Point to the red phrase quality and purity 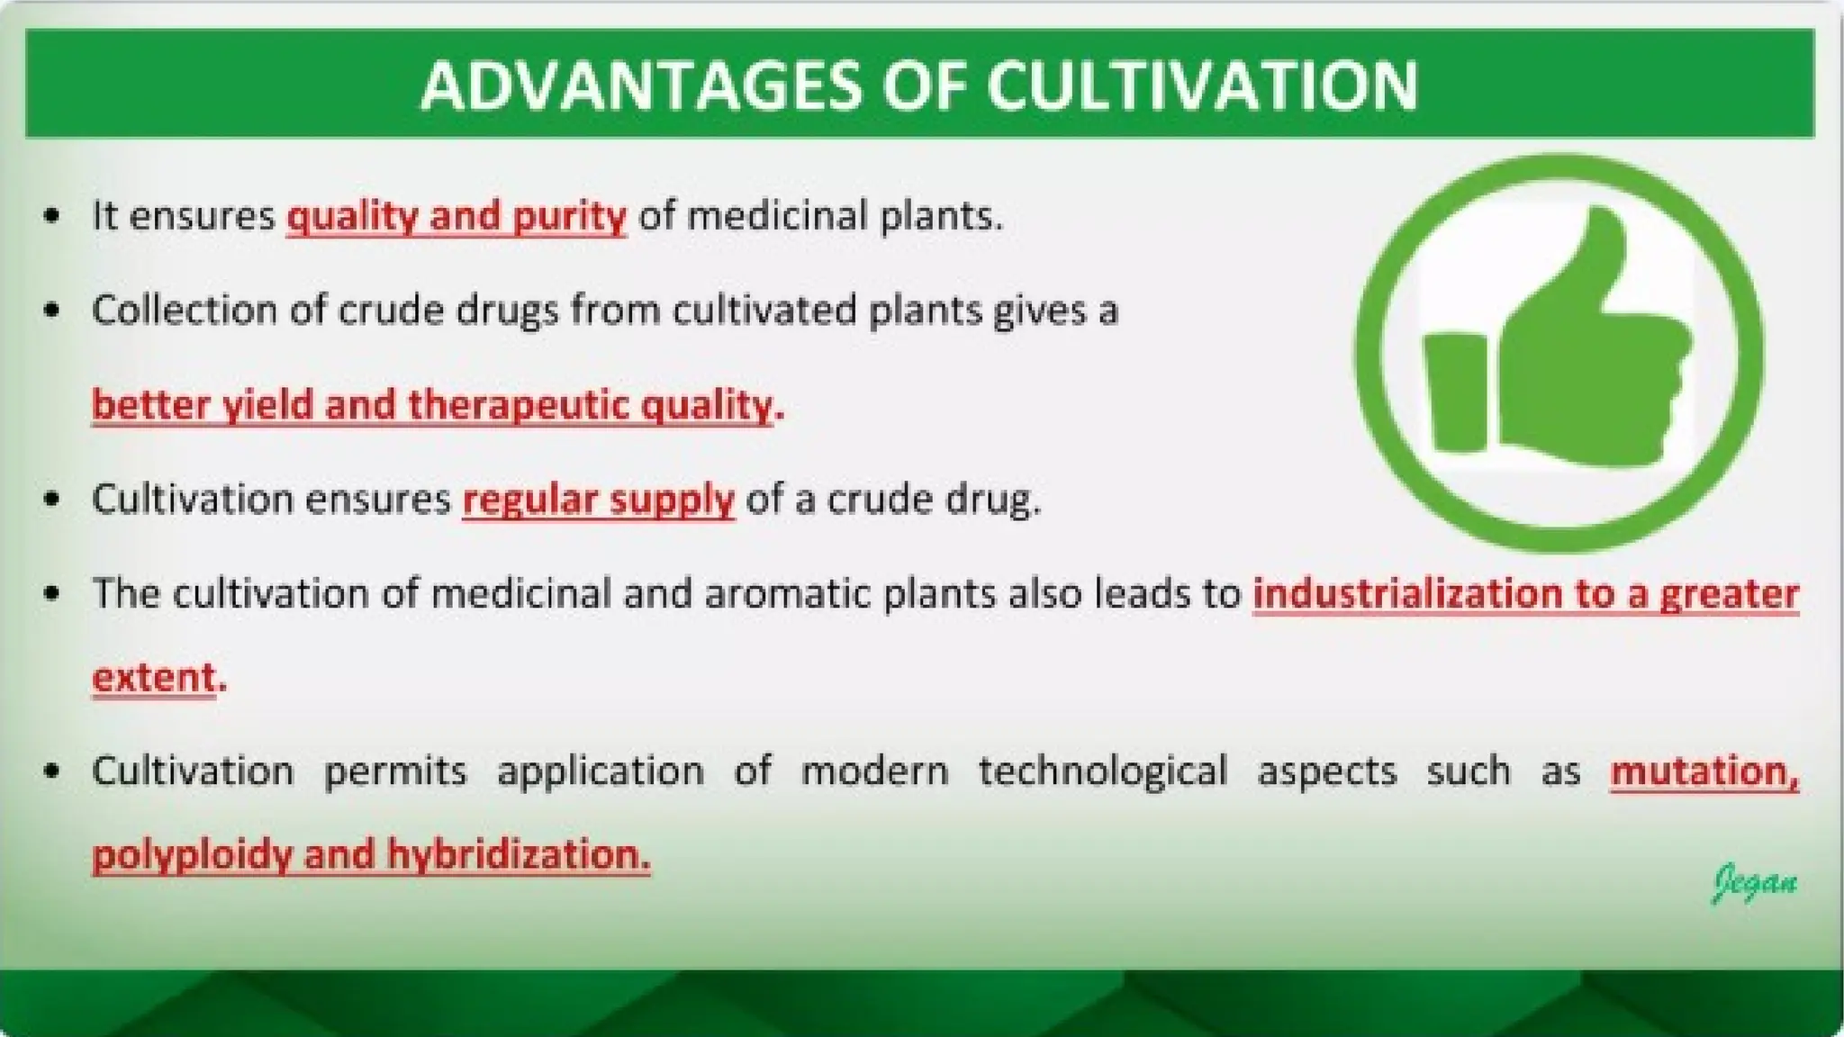coord(456,216)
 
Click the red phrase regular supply coord(598,499)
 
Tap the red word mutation coord(1703,771)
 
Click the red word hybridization coord(518,853)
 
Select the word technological coord(1102,771)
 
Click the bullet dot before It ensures coord(52,217)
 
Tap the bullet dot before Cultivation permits coord(52,772)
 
